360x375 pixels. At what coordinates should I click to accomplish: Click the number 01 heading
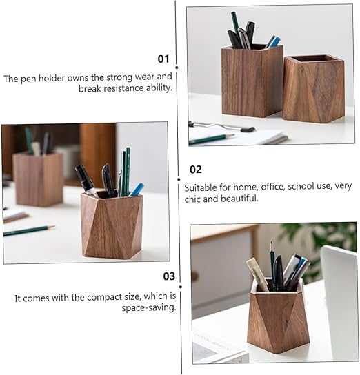coord(163,59)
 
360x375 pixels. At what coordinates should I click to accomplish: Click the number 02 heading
coord(196,170)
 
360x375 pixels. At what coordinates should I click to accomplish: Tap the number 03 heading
coord(169,276)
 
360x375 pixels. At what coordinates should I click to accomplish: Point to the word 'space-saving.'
coord(149,307)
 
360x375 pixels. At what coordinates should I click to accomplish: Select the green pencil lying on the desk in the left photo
coord(29,230)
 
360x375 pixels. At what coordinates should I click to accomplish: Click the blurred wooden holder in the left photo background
coord(38,179)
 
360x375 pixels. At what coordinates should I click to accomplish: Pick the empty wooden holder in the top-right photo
coord(314,89)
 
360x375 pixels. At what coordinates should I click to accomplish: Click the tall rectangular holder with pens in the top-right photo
coord(252,81)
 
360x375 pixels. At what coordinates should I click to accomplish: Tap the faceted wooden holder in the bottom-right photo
coord(278,316)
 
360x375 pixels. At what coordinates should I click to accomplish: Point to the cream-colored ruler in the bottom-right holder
coord(257,274)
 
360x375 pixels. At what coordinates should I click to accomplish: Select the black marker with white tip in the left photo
coord(86,181)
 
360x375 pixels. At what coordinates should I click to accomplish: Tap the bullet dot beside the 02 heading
coord(179,179)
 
